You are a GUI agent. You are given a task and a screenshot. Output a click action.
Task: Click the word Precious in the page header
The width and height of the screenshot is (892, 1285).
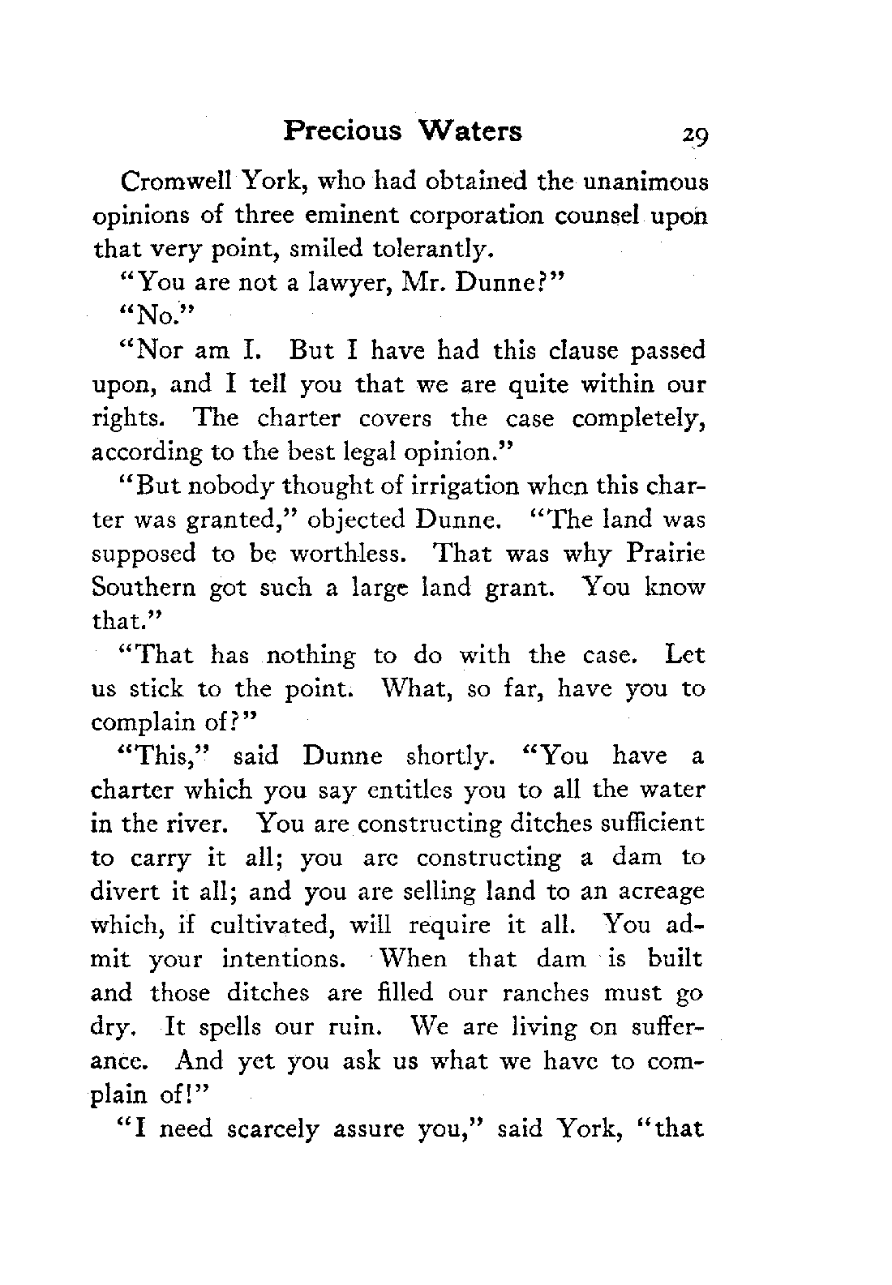[x=342, y=131]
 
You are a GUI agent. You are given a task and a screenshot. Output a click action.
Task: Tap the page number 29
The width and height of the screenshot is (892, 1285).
[x=695, y=135]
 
